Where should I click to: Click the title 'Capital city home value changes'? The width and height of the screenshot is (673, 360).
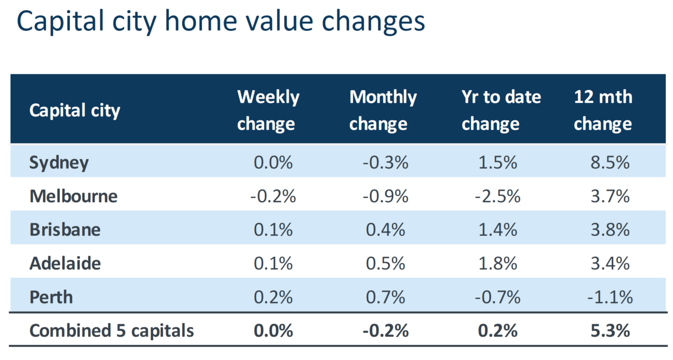(x=221, y=22)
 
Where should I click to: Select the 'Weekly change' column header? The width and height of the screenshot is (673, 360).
(x=268, y=110)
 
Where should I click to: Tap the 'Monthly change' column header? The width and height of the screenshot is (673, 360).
(x=383, y=110)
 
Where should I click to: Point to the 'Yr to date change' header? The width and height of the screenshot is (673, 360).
(x=501, y=110)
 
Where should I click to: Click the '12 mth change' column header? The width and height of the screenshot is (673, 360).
(x=603, y=110)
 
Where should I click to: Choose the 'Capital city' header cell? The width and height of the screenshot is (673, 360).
(x=74, y=111)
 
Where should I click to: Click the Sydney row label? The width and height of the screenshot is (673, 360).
(x=59, y=163)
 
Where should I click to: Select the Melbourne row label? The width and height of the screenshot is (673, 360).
(x=73, y=196)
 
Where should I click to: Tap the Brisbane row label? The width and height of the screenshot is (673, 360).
(x=65, y=230)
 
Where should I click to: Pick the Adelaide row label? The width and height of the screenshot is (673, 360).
(x=65, y=264)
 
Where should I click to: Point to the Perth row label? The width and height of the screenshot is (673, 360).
(x=51, y=297)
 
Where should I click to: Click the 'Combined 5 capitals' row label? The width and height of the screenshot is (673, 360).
(x=111, y=331)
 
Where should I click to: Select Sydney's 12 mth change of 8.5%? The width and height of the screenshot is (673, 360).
(x=610, y=162)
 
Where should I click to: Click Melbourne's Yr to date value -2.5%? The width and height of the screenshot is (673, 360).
(x=498, y=196)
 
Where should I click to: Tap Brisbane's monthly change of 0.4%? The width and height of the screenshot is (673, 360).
(x=385, y=230)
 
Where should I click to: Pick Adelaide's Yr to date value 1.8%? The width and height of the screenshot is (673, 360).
(x=498, y=264)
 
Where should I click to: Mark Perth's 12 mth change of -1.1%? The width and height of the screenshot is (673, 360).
(x=610, y=297)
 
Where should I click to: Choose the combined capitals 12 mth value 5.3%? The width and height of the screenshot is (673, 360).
(x=610, y=331)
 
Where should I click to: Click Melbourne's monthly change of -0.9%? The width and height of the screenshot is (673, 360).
(x=385, y=196)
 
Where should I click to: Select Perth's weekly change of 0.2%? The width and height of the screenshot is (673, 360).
(x=273, y=297)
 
